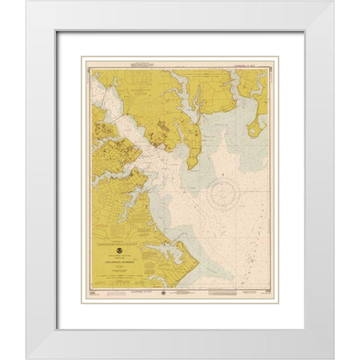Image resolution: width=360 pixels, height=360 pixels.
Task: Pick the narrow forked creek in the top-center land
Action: pyautogui.click(x=180, y=94)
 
